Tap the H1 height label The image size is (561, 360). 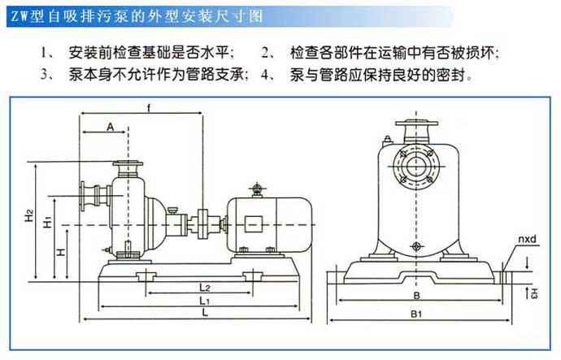[x=48, y=221]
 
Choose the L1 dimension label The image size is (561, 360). [x=206, y=301]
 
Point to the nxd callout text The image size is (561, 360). [x=524, y=241]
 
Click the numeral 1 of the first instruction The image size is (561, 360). [x=44, y=53]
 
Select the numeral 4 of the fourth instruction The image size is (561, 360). [x=266, y=75]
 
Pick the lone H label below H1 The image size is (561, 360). [x=61, y=253]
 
